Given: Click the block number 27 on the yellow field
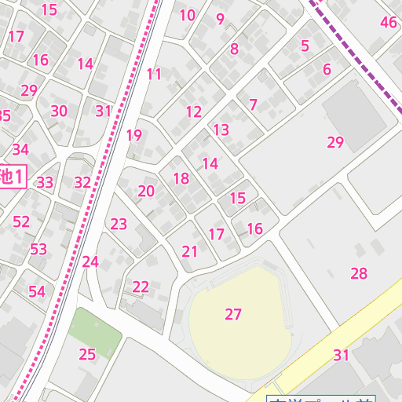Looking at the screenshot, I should click(233, 314).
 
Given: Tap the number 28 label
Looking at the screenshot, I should click(359, 273).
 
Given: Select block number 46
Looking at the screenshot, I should click(389, 22).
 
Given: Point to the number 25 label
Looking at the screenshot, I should click(87, 354).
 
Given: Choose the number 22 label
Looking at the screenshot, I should click(141, 287).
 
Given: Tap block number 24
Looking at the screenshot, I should click(90, 261).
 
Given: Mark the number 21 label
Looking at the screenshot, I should click(190, 251).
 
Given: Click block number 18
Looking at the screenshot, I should click(181, 178).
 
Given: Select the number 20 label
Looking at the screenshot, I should click(146, 191).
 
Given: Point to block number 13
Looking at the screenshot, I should click(221, 130).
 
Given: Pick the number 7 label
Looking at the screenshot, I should click(253, 104).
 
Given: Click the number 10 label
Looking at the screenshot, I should click(187, 15).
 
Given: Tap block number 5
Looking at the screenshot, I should click(305, 46).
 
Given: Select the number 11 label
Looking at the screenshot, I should click(154, 75).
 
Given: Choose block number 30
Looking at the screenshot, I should click(59, 111).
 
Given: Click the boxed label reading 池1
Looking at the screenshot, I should click(12, 176).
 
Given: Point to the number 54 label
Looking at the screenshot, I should click(37, 291).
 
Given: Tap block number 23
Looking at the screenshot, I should click(119, 224).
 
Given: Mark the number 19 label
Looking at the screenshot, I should click(134, 135).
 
